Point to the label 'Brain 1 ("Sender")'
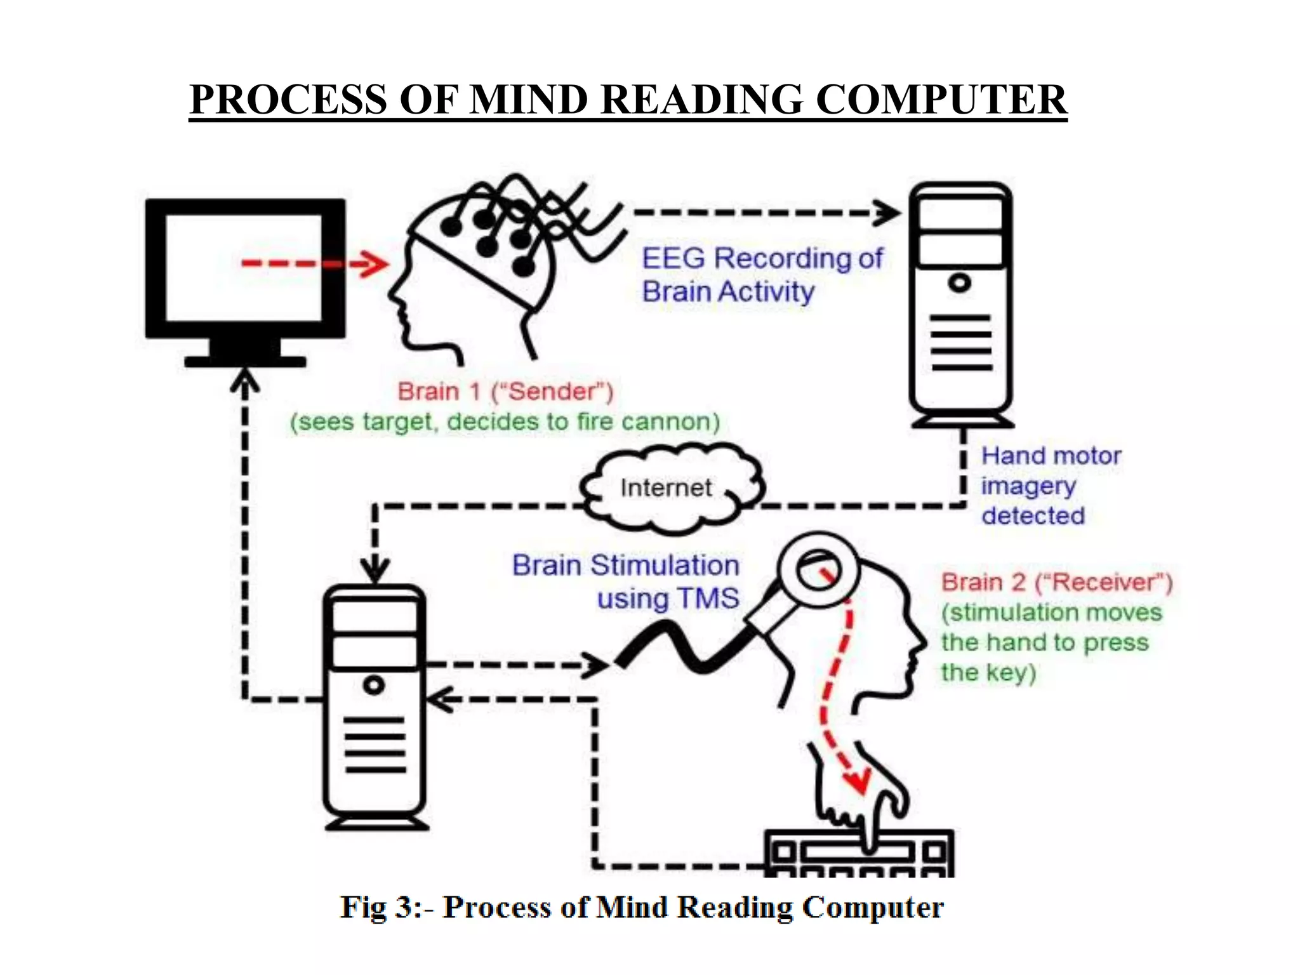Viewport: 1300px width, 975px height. click(505, 391)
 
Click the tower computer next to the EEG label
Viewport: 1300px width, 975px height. click(960, 305)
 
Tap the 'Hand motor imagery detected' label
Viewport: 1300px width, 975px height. click(1051, 486)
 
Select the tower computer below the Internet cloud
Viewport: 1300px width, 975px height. click(375, 705)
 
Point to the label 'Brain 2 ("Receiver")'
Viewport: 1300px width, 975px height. click(1056, 582)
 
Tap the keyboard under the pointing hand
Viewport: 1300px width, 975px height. click(859, 854)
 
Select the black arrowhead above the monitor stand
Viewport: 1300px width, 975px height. click(244, 381)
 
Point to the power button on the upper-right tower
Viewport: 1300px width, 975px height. click(960, 282)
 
